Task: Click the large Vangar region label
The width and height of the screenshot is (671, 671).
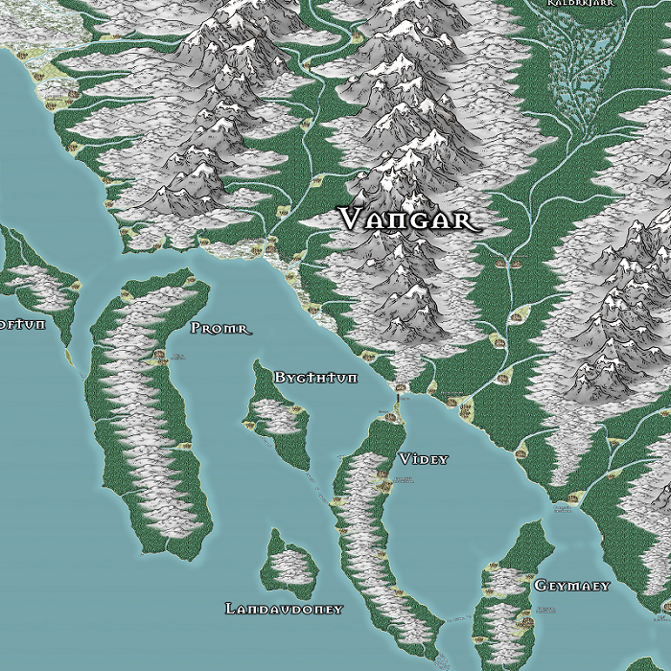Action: pos(407,220)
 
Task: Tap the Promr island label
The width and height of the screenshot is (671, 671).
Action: pos(220,329)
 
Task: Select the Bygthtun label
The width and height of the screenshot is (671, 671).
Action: pos(315,378)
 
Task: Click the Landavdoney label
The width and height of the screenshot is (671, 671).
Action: pos(284,609)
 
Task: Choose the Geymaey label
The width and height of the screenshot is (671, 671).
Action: pos(571,585)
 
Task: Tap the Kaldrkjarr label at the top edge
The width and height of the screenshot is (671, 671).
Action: pos(580,4)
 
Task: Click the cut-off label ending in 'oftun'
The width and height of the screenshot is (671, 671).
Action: pos(21,324)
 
